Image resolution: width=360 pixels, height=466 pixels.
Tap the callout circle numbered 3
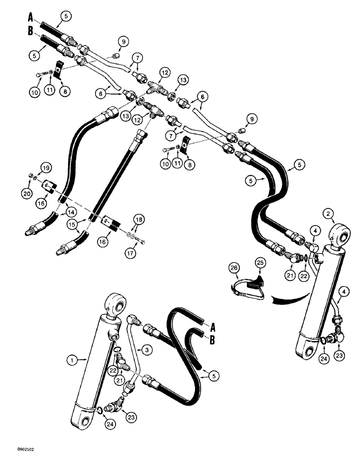point(146,349)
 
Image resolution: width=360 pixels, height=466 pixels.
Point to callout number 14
point(71,211)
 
